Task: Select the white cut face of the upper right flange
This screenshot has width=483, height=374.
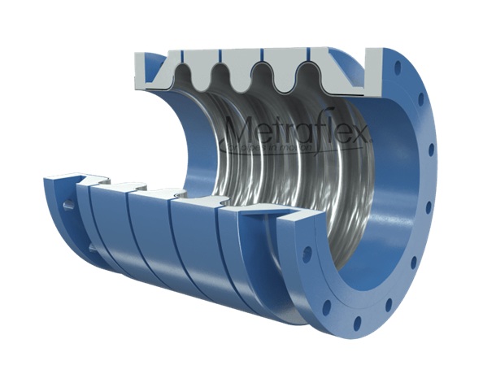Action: pos(375,70)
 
